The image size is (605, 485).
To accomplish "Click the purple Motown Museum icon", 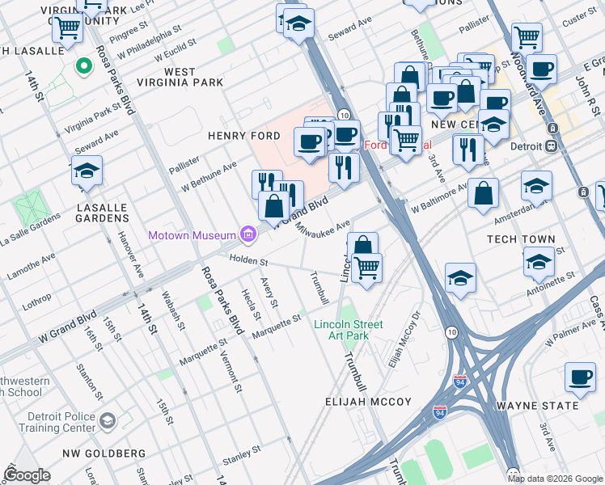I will pyautogui.click(x=248, y=235).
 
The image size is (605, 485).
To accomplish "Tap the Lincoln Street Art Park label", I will pyautogui.click(x=348, y=330).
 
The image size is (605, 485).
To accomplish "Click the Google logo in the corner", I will pyautogui.click(x=27, y=475).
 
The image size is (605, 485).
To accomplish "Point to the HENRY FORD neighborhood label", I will pyautogui.click(x=237, y=136).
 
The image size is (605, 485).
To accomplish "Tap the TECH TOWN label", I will pyautogui.click(x=521, y=239).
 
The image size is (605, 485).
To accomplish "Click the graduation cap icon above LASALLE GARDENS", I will pyautogui.click(x=87, y=171).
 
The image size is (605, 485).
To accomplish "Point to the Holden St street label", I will pyautogui.click(x=247, y=259).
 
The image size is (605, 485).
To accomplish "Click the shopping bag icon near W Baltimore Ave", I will pyautogui.click(x=483, y=193).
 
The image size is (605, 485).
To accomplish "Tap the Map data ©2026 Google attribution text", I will pyautogui.click(x=555, y=479).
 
